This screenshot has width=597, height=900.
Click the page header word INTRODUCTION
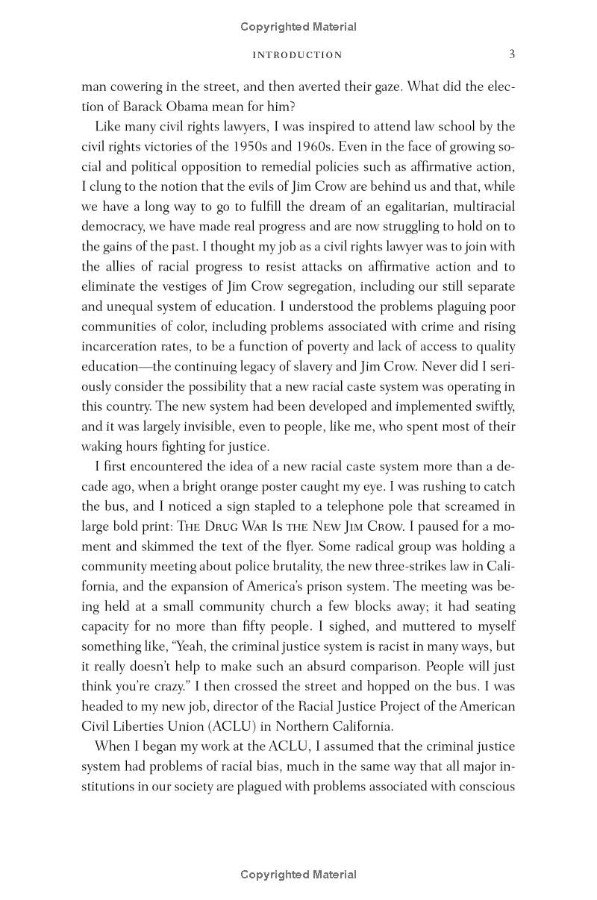[298, 54]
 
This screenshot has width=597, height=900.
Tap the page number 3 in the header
[511, 54]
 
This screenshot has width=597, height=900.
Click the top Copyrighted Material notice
[298, 27]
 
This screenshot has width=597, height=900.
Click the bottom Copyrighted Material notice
[298, 875]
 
